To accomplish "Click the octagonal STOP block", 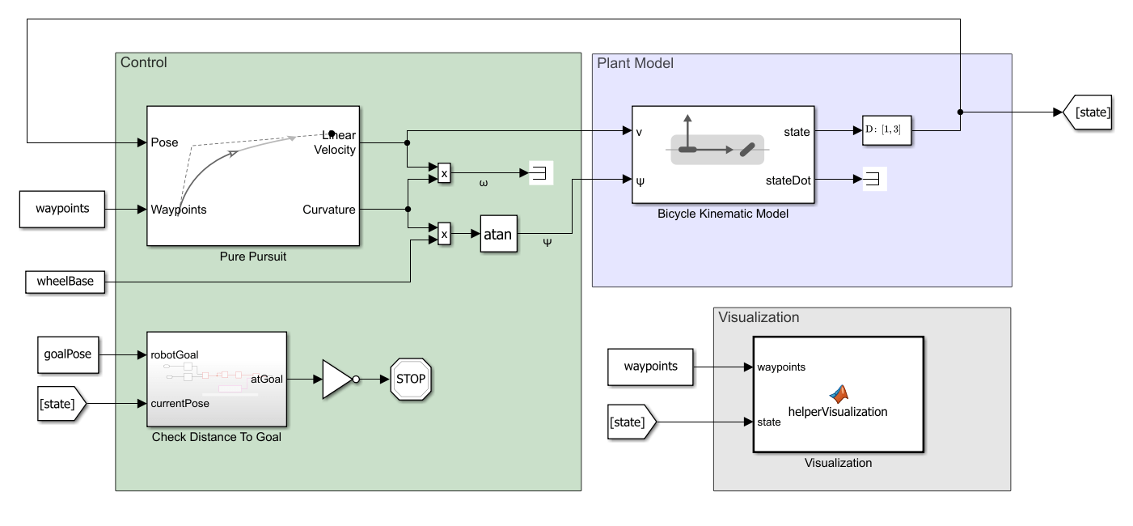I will (x=411, y=379).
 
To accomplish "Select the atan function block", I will (x=498, y=234).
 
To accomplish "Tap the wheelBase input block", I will (x=65, y=282).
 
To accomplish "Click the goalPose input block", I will (x=69, y=354).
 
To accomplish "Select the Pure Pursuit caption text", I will (x=253, y=257).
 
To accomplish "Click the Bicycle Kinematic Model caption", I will (x=723, y=214).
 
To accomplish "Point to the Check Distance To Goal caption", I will (x=216, y=438).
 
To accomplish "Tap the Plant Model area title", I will (x=635, y=63).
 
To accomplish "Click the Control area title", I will (x=143, y=62).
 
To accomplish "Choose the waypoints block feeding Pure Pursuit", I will (x=62, y=209).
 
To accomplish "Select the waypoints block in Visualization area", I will (x=650, y=367).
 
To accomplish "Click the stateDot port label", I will (x=788, y=180).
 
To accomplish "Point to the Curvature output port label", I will (x=329, y=210).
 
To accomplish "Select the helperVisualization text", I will (x=838, y=412).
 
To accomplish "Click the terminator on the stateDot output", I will (x=875, y=180).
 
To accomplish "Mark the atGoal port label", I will (x=267, y=378).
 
